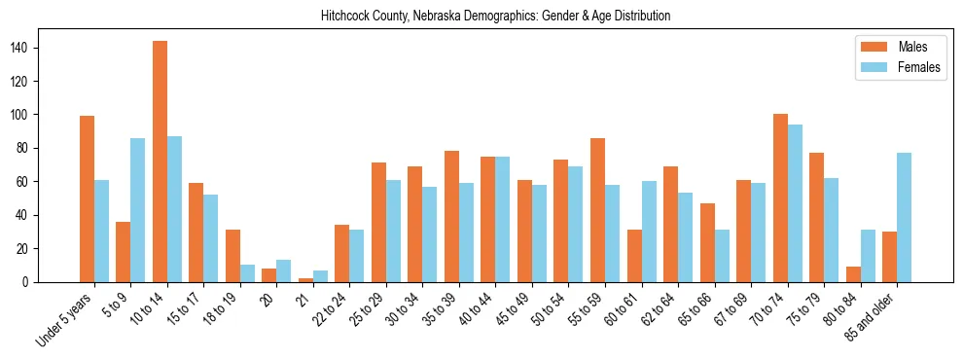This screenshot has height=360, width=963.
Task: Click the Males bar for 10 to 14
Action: tap(160, 162)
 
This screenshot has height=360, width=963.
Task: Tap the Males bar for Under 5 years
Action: tap(87, 199)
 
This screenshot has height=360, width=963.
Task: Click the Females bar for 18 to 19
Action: tap(247, 273)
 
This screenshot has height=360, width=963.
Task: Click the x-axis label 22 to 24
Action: tap(325, 309)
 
